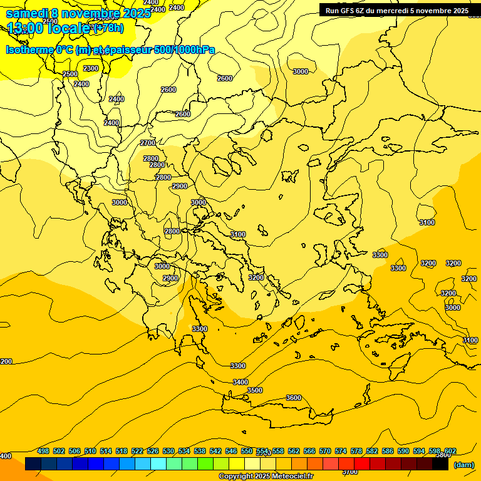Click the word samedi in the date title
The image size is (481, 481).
[x=26, y=13]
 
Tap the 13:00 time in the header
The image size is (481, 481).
[x=25, y=28]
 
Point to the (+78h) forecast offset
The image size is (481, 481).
[x=108, y=28]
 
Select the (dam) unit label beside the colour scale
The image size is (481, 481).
[x=463, y=464]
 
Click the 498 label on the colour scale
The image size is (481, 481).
[x=43, y=451]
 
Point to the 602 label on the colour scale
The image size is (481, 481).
[x=450, y=451]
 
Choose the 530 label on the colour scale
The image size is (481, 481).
[x=168, y=451]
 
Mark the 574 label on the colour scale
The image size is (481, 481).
[x=341, y=451]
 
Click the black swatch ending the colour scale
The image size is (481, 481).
[x=440, y=464]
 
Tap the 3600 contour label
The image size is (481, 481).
[x=293, y=398]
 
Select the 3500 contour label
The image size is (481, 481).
[x=255, y=390]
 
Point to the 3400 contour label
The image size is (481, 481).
[x=240, y=382]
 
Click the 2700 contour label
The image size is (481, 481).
[x=148, y=143]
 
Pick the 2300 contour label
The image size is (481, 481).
[x=91, y=68]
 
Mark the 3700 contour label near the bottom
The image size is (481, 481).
[x=351, y=472]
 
